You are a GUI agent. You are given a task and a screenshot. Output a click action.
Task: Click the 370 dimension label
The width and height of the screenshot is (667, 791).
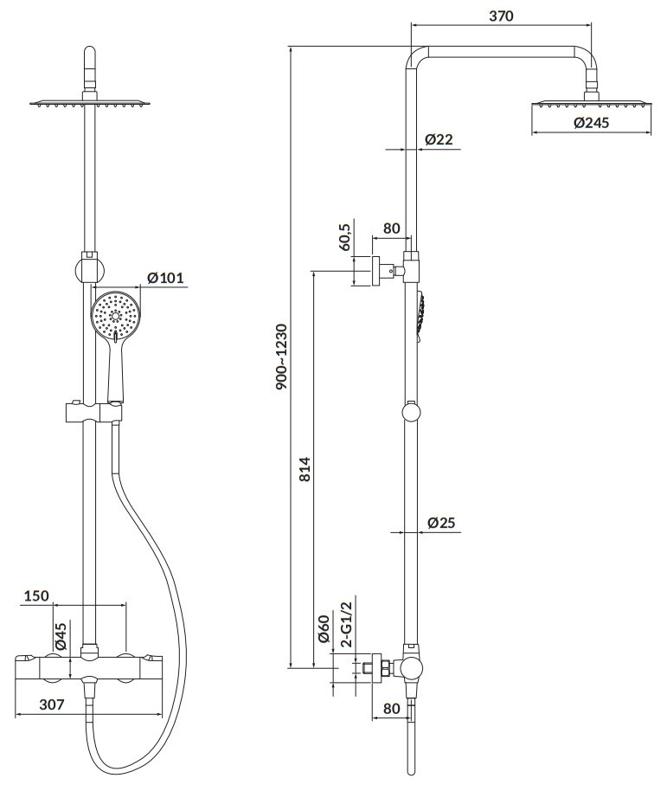click(x=501, y=16)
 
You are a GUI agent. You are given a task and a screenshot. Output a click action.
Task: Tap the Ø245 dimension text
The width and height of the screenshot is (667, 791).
click(x=591, y=123)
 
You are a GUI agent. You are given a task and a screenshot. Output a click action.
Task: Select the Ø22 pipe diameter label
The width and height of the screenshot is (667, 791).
click(x=439, y=139)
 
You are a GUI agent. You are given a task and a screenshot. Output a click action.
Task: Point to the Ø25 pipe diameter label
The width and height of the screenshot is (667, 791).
click(x=440, y=522)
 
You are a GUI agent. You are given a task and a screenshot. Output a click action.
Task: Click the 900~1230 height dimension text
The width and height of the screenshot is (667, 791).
click(x=281, y=357)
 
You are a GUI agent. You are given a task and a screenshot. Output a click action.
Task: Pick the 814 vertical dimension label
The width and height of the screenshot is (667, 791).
click(x=305, y=469)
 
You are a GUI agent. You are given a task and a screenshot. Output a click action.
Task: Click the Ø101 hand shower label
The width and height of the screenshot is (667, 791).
click(x=165, y=278)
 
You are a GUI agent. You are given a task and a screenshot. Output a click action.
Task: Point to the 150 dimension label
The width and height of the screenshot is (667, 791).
click(x=36, y=595)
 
